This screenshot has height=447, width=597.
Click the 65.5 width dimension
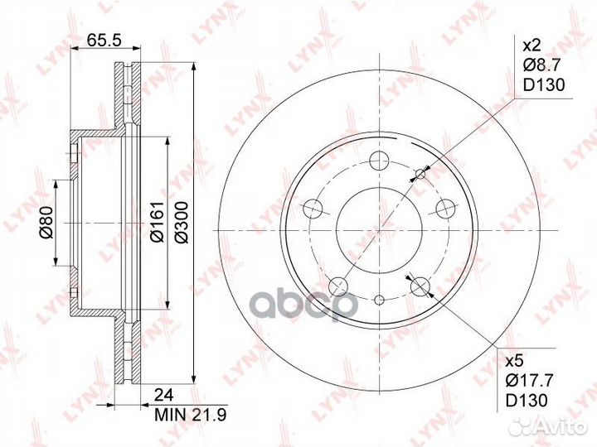tap(104, 40)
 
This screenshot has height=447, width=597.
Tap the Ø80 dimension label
tap(46, 223)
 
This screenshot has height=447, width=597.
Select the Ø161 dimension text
tap(157, 222)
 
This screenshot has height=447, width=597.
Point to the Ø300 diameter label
tap(182, 222)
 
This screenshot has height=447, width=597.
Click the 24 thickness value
tap(163, 396)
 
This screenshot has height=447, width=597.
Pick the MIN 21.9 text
tap(191, 415)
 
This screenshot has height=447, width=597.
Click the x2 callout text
tap(531, 46)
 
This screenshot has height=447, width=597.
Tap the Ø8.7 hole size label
tap(541, 65)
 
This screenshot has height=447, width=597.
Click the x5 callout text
tap(515, 361)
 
